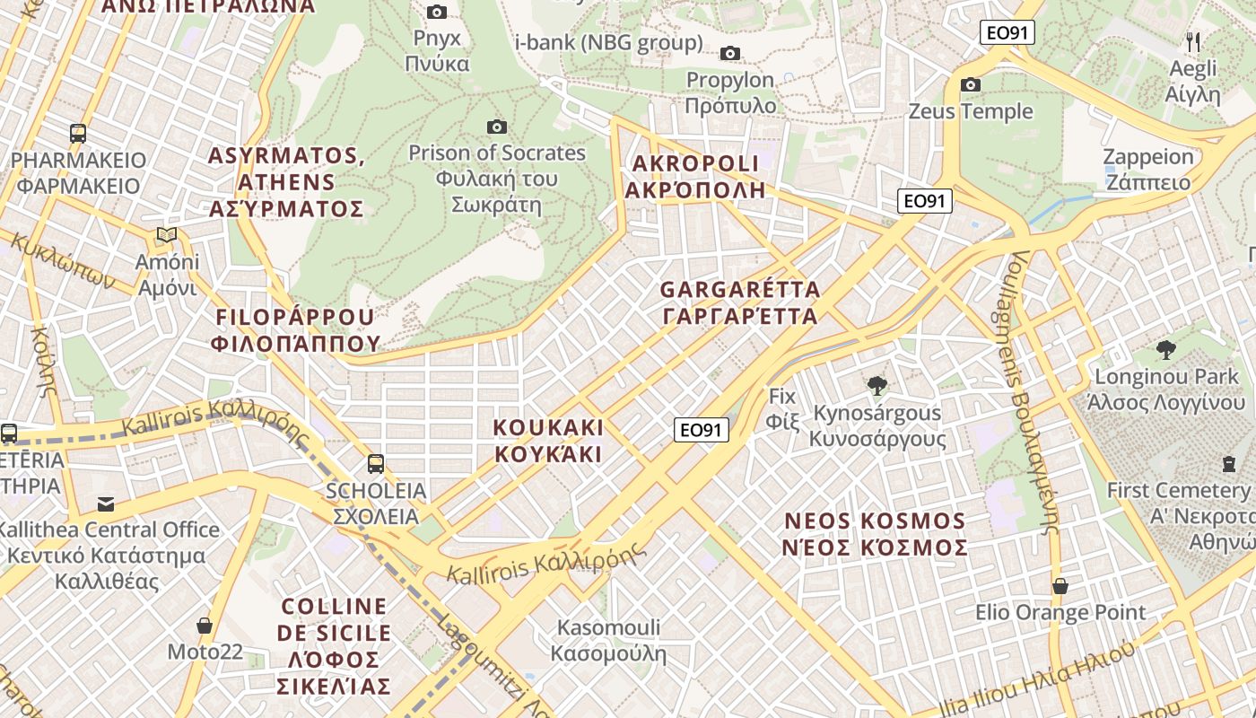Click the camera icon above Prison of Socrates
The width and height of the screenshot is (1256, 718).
click(x=496, y=127)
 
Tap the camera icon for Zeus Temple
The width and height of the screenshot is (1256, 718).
click(x=970, y=85)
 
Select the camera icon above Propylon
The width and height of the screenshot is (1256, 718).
click(x=730, y=54)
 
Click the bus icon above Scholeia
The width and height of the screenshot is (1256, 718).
click(x=376, y=464)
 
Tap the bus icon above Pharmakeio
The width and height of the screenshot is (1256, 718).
click(x=78, y=134)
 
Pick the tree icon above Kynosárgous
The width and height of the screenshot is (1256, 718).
click(x=877, y=386)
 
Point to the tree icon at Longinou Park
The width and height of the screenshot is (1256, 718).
click(x=1166, y=350)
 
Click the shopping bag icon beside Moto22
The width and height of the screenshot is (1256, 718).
click(x=205, y=626)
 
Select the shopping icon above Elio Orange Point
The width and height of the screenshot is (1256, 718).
click(x=1060, y=586)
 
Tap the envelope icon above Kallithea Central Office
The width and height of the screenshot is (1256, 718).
click(x=106, y=503)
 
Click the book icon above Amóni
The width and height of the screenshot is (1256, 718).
click(x=166, y=235)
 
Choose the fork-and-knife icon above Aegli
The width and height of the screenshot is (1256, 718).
click(x=1193, y=41)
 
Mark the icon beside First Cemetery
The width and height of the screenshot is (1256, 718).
click(x=1228, y=464)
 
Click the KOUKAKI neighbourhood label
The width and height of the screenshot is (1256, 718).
click(x=548, y=440)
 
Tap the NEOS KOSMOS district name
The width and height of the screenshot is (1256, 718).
click(x=876, y=534)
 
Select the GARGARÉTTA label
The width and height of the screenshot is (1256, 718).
click(x=740, y=302)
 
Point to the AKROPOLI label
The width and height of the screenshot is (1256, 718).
click(x=695, y=176)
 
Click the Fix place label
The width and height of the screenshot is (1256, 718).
click(x=782, y=407)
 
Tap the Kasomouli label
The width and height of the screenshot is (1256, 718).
click(x=609, y=640)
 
